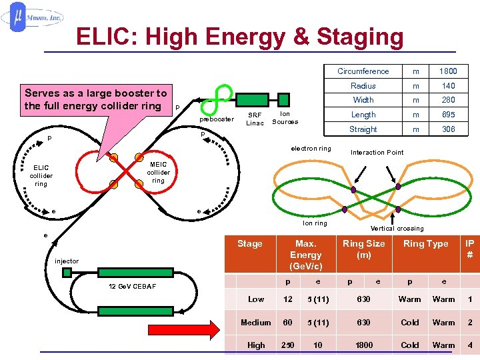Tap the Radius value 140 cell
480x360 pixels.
point(448,86)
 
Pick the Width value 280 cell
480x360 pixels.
point(448,100)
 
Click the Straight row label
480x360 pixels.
point(363,129)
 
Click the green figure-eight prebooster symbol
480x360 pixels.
point(215,98)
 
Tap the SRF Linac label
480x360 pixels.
point(255,119)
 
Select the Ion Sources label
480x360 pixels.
point(285,118)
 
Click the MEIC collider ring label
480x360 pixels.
point(159,172)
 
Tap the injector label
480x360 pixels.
point(67,261)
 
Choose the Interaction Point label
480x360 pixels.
point(377,152)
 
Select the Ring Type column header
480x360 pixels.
point(425,244)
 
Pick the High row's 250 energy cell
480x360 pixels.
point(288,345)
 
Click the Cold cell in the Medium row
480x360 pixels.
point(409,323)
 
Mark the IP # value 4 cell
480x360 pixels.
point(470,345)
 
